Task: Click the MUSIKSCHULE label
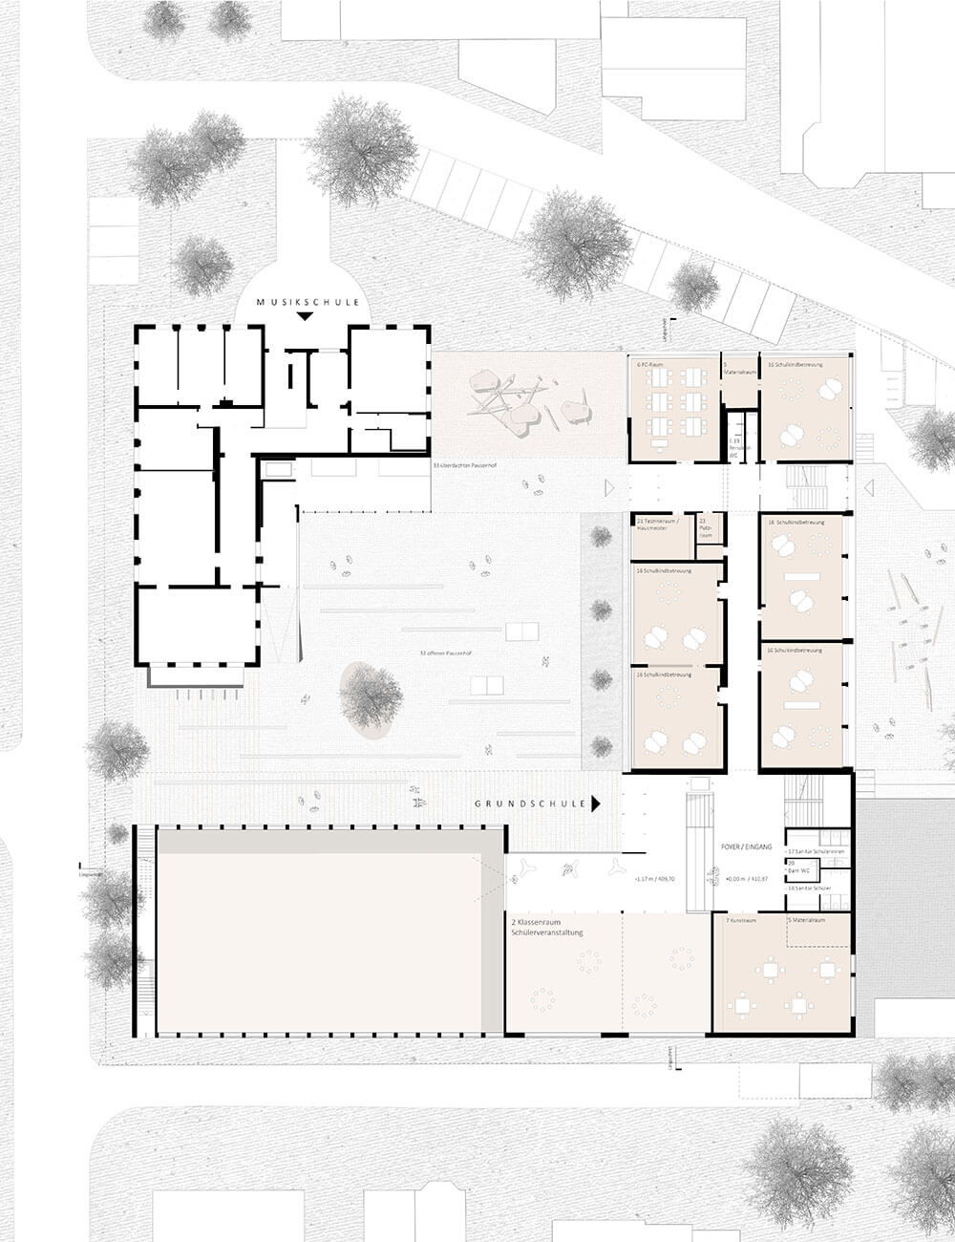pyautogui.click(x=308, y=302)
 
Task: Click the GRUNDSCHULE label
pyautogui.click(x=530, y=804)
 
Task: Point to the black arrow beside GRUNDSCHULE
pyautogui.click(x=596, y=804)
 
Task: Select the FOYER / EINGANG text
pyautogui.click(x=748, y=846)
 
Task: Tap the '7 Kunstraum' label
pyautogui.click(x=741, y=920)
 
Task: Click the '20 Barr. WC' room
pyautogui.click(x=797, y=868)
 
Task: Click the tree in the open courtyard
pyautogui.click(x=371, y=696)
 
